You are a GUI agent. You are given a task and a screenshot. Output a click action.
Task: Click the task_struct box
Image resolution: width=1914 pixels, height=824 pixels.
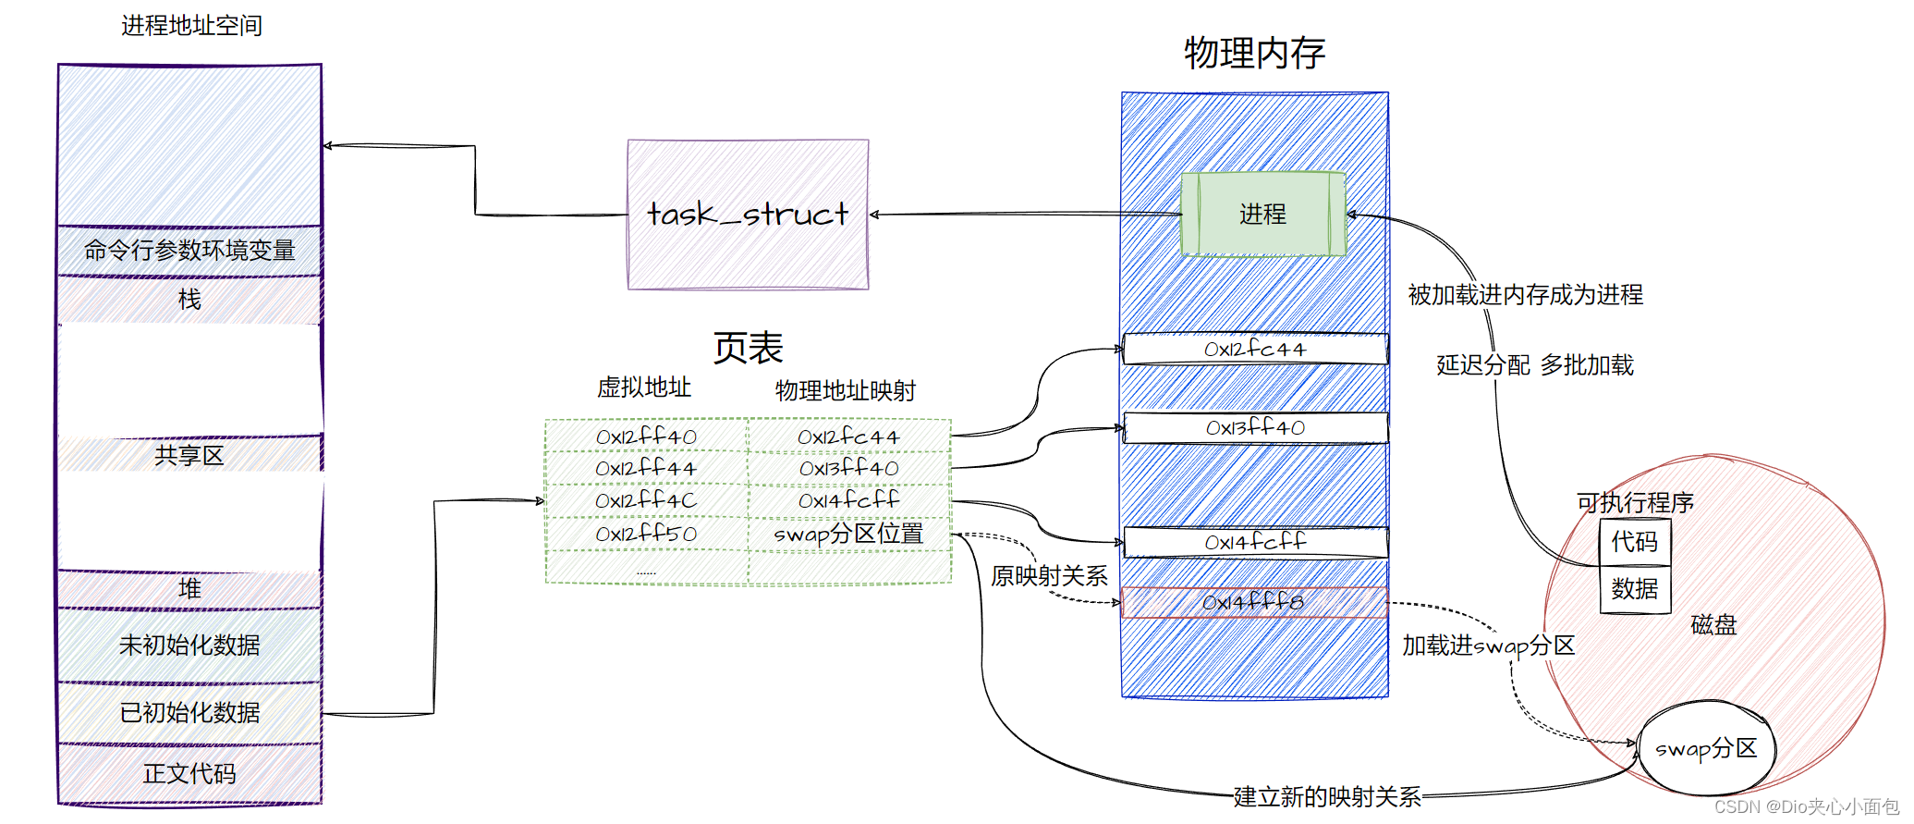[x=748, y=215]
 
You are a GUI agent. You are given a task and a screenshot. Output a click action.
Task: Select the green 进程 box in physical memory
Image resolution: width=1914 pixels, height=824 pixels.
[x=1262, y=214]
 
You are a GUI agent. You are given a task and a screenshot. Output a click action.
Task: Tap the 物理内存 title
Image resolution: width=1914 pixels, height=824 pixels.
[x=1254, y=53]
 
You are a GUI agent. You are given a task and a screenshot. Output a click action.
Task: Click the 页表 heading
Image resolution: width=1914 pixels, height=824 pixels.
[x=748, y=349]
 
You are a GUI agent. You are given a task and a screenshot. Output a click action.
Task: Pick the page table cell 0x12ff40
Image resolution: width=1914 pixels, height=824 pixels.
[x=646, y=436]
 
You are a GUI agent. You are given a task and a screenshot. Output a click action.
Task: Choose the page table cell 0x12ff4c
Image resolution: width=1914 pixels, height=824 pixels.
[x=646, y=500]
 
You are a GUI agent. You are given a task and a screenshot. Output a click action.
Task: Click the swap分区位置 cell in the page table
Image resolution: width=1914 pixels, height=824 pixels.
[x=848, y=534]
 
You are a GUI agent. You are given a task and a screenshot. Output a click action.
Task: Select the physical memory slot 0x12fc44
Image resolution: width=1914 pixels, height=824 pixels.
[x=1254, y=349]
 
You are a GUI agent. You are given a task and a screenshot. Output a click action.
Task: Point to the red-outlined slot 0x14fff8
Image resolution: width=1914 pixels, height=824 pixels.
[x=1253, y=602]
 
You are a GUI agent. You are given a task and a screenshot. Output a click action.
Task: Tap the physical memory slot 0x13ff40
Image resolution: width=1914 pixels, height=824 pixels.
[x=1254, y=427]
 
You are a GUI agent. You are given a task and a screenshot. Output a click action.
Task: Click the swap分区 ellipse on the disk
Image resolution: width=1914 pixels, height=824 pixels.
[x=1706, y=748]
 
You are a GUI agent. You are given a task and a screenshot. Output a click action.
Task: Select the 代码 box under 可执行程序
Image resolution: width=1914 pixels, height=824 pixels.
[x=1634, y=542]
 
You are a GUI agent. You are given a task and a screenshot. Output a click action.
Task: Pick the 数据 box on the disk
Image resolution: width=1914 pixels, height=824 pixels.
[x=1634, y=589]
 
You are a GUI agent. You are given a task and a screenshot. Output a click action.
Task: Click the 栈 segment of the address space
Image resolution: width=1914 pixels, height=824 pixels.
[x=189, y=300]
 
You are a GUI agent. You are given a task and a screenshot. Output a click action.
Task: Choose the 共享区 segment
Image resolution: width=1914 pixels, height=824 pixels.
[x=189, y=455]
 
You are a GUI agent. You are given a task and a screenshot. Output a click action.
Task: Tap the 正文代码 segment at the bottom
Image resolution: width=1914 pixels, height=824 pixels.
[x=189, y=773]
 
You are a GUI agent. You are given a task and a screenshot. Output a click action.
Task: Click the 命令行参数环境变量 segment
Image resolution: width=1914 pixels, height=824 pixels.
[x=189, y=250]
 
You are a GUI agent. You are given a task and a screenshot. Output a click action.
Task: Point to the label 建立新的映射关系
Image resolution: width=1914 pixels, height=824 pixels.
[x=1326, y=796]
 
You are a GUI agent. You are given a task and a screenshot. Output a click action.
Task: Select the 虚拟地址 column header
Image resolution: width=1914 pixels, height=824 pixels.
[x=644, y=387]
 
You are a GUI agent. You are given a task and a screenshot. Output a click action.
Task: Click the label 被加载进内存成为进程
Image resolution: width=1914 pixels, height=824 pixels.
[x=1525, y=295]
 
